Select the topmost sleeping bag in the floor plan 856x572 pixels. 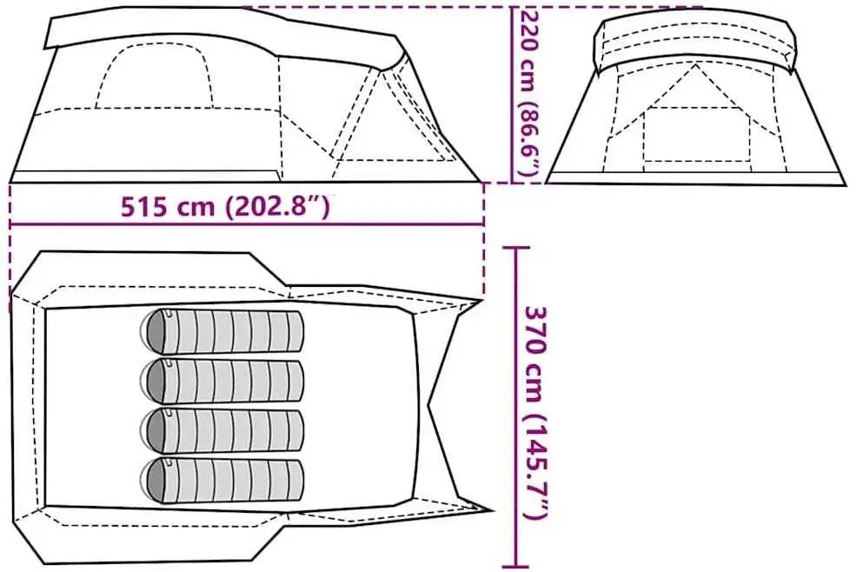click(x=223, y=331)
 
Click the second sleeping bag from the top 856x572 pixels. click(x=223, y=379)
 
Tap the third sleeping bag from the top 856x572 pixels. click(x=223, y=429)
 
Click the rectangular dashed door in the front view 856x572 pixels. click(x=697, y=137)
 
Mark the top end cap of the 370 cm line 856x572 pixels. click(x=517, y=249)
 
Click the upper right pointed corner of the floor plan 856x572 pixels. click(x=481, y=301)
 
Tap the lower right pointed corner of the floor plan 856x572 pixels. click(x=492, y=510)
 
